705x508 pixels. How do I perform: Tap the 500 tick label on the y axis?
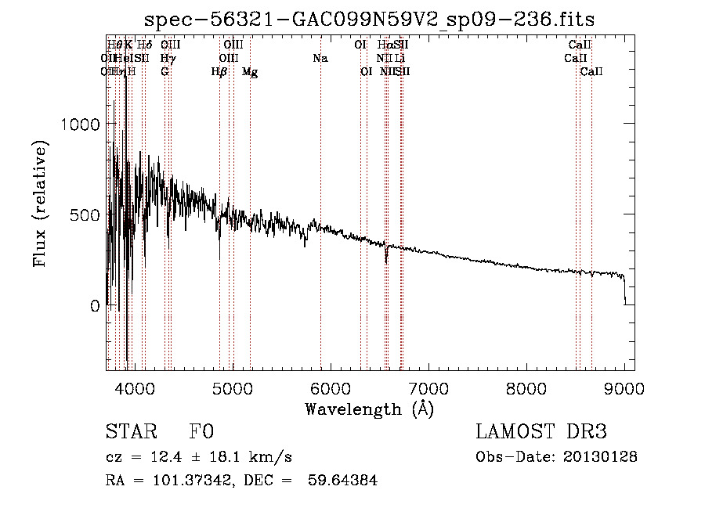pyautogui.click(x=85, y=214)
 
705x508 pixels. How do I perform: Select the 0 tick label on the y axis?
pyautogui.click(x=95, y=306)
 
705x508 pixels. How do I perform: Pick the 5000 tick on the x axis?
pyautogui.click(x=233, y=387)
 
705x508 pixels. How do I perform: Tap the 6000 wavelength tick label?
pyautogui.click(x=331, y=387)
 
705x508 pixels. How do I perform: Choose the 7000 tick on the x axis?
pyautogui.click(x=428, y=387)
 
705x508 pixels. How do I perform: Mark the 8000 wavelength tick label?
pyautogui.click(x=526, y=387)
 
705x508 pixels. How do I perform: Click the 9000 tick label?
pyautogui.click(x=624, y=387)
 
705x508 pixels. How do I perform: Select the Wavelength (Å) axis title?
pyautogui.click(x=369, y=409)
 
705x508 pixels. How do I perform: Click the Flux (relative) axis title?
pyautogui.click(x=40, y=204)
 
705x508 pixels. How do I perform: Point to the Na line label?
pyautogui.click(x=320, y=59)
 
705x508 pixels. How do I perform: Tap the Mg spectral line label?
pyautogui.click(x=250, y=72)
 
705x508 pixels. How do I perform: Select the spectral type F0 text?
pyautogui.click(x=201, y=432)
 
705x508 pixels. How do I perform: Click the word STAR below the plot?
pyautogui.click(x=132, y=432)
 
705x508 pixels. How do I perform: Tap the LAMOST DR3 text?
pyautogui.click(x=540, y=432)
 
